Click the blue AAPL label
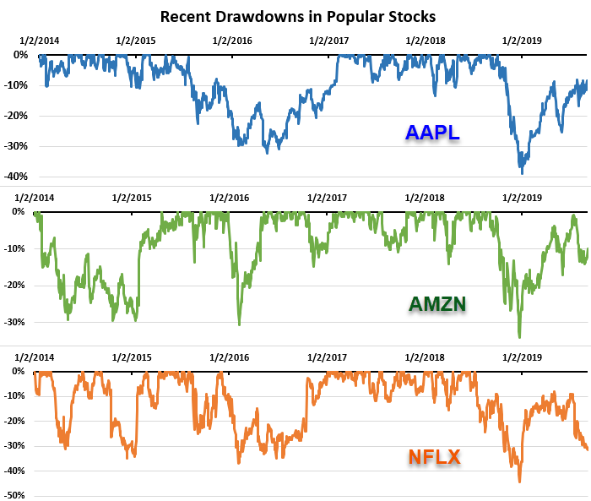(432, 133)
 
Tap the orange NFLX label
(434, 457)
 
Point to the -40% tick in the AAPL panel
(17, 177)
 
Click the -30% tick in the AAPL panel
(17, 146)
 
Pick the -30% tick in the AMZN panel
(17, 322)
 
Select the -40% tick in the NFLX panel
(17, 471)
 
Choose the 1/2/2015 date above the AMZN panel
(132, 198)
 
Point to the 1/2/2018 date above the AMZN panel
(426, 198)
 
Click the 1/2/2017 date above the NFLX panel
(328, 357)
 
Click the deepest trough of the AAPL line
(523, 173)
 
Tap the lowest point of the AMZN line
(519, 337)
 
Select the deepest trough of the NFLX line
(519, 482)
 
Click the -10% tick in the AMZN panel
(17, 248)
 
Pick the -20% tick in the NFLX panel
(17, 421)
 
